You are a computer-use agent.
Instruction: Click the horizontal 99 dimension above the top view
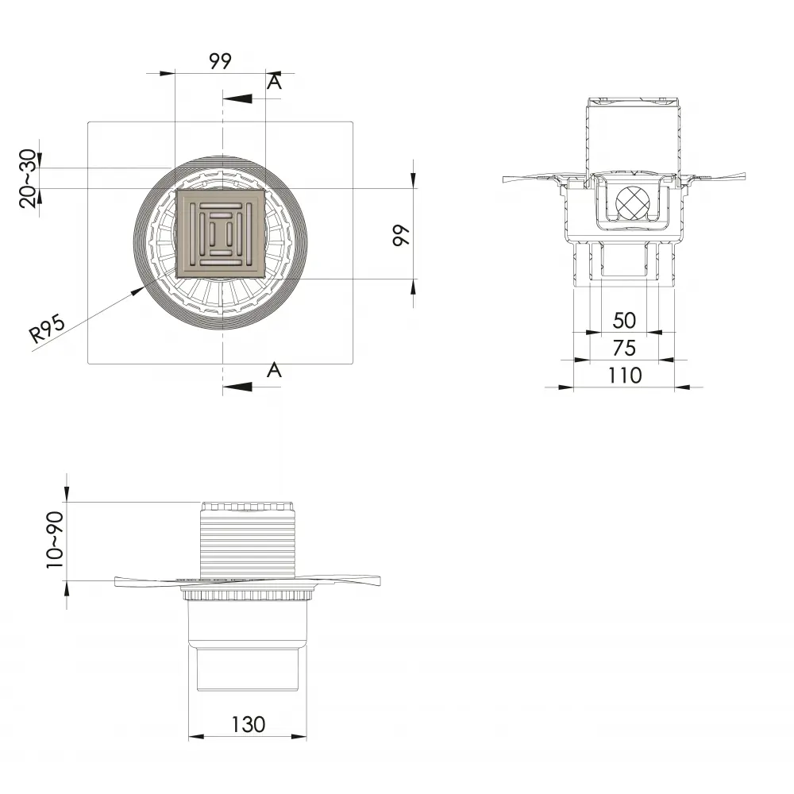click(x=221, y=62)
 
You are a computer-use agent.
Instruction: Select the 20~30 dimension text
click(x=28, y=179)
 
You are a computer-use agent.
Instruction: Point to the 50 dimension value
click(x=624, y=321)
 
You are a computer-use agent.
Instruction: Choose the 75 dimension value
click(x=624, y=348)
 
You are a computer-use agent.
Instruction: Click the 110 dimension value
click(x=624, y=375)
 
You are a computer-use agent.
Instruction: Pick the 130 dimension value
click(x=248, y=724)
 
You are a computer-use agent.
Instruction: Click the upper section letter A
click(x=274, y=82)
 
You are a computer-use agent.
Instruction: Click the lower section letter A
click(x=274, y=369)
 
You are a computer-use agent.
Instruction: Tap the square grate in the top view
click(x=222, y=234)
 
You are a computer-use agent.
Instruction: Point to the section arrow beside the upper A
click(x=237, y=99)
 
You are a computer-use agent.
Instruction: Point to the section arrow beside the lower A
click(x=237, y=387)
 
